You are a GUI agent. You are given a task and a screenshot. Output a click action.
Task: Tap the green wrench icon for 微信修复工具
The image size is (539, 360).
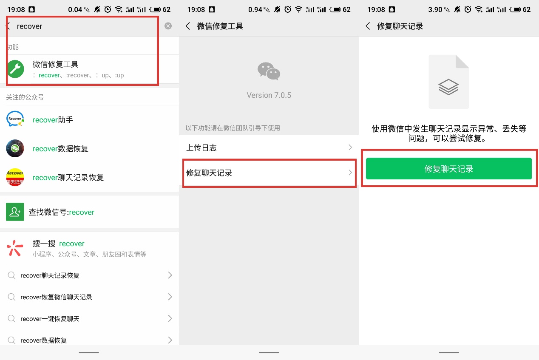coord(15,69)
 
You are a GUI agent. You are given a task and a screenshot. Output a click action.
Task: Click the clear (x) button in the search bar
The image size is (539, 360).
coord(168,26)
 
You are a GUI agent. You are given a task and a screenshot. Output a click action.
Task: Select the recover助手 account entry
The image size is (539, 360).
coord(53,120)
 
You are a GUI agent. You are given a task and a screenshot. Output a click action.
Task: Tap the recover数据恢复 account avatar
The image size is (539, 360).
coord(15,149)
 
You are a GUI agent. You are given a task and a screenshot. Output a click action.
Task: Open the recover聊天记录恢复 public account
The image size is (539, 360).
coord(68,178)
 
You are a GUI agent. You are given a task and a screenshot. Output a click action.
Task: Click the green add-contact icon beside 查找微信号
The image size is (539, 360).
coord(15,212)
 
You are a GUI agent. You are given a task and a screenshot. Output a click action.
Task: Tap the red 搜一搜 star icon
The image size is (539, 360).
coord(15,248)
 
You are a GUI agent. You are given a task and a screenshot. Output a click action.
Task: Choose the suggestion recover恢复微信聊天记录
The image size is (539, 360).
coord(56,297)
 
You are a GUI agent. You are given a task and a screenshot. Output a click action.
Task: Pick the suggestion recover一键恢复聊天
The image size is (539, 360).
coord(50,319)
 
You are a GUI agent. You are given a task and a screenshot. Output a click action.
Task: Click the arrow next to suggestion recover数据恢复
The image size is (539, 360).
coord(170,340)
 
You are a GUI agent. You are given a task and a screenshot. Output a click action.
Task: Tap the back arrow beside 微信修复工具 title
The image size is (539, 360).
coord(188,26)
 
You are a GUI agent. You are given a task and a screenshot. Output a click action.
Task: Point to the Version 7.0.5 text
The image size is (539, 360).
coord(269,95)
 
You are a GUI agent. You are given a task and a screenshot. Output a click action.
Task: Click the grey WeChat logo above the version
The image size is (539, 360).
coord(269,71)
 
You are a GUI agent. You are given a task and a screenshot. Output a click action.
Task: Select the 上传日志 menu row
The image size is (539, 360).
coord(269,147)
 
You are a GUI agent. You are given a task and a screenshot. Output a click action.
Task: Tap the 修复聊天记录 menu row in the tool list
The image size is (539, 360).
coord(269,173)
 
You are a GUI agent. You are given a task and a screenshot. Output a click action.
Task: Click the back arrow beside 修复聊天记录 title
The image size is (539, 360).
coord(368,26)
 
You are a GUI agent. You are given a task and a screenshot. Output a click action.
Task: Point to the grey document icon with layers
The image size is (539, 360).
coord(448,82)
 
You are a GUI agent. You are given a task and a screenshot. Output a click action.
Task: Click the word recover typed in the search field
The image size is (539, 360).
coord(29,26)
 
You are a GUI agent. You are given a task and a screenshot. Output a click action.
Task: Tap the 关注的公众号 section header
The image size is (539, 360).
coord(25,97)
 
